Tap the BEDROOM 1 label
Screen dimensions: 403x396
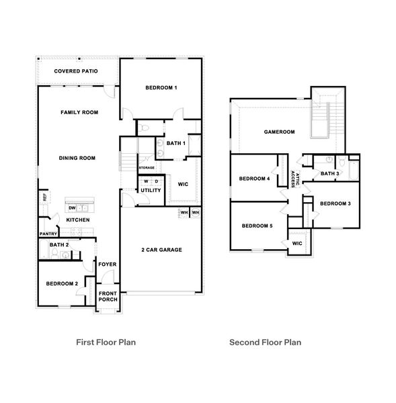coord(161,88)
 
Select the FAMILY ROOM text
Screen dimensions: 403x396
coord(79,112)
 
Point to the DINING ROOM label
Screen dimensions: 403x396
coord(77,159)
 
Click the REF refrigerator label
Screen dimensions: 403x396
coord(45,197)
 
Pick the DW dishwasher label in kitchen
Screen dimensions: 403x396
coord(71,208)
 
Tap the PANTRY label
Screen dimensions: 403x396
coord(48,234)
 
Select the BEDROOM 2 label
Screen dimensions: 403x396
coord(62,283)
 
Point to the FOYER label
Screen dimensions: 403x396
coord(108,264)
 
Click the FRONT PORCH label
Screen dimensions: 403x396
coord(108,296)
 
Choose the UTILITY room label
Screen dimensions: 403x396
coord(151,190)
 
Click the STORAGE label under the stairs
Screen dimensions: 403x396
coord(147,167)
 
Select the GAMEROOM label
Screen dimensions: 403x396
coord(279,132)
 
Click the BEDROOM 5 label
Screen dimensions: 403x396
coord(257,226)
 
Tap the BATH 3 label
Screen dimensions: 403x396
coord(329,174)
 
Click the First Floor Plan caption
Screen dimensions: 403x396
coord(108,342)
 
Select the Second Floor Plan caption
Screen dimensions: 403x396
coord(265,342)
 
